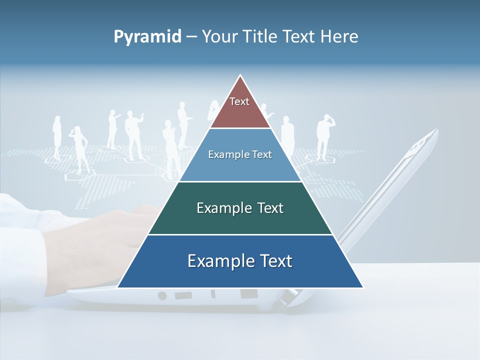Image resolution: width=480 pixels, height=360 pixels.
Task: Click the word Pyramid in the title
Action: click(147, 37)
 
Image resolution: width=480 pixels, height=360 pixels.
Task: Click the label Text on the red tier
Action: click(239, 101)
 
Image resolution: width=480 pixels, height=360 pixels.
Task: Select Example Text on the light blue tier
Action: click(240, 154)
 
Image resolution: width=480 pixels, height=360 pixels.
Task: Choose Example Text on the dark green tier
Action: click(240, 208)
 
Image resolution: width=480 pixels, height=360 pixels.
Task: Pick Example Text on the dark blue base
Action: click(240, 261)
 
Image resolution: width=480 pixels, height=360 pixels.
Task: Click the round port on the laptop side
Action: click(162, 295)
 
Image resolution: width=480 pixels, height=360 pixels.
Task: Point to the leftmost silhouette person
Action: click(57, 137)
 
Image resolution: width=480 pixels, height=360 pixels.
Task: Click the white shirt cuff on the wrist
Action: click(20, 220)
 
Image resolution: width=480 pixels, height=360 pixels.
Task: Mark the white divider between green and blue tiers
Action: click(240, 234)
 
